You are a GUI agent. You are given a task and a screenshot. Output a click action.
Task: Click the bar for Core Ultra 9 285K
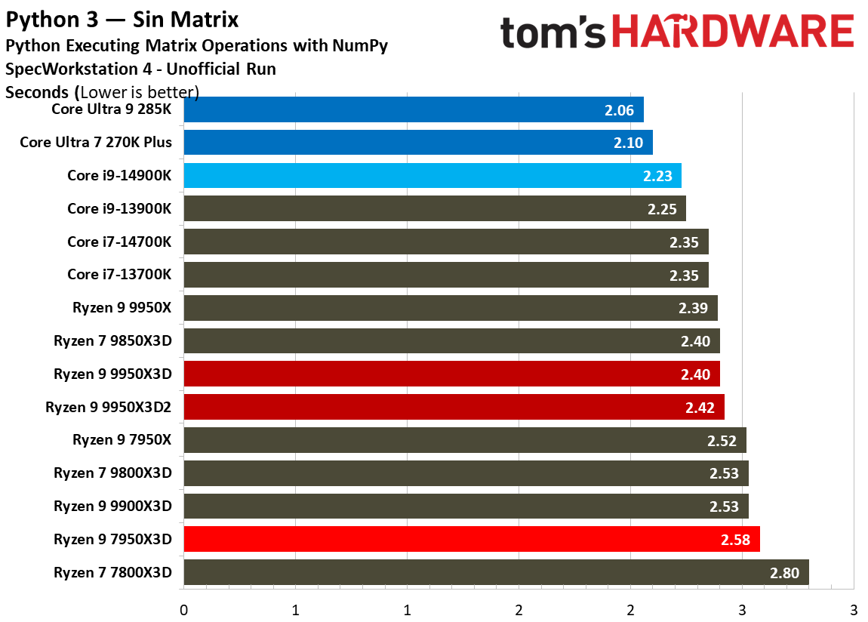tap(414, 109)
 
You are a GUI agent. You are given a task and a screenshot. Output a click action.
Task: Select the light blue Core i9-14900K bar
tap(432, 175)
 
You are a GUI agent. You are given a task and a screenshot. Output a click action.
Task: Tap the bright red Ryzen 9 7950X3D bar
tap(472, 539)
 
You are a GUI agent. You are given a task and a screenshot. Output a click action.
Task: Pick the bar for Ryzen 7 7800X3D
tap(496, 572)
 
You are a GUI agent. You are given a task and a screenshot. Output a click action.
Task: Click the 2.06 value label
tap(619, 111)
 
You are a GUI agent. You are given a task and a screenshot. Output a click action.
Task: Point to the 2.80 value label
tap(784, 573)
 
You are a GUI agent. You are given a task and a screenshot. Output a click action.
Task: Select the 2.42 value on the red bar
tap(700, 408)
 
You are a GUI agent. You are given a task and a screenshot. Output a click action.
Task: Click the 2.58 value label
tap(735, 540)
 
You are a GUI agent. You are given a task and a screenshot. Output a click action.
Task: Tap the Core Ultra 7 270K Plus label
tap(96, 142)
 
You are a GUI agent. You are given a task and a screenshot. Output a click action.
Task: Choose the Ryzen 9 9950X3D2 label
tap(109, 408)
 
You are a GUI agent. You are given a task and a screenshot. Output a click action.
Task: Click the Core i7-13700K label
tap(119, 275)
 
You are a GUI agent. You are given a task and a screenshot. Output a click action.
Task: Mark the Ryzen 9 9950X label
tap(122, 308)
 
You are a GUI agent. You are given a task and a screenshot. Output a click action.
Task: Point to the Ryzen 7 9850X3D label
tap(113, 341)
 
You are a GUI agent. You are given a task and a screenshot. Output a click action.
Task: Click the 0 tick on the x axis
tap(183, 610)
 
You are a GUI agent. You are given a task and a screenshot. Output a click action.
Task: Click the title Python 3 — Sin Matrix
tap(122, 20)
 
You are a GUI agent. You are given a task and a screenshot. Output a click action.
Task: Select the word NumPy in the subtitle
tap(360, 46)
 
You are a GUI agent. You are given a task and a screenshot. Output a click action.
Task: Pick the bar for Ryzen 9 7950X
tap(465, 440)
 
